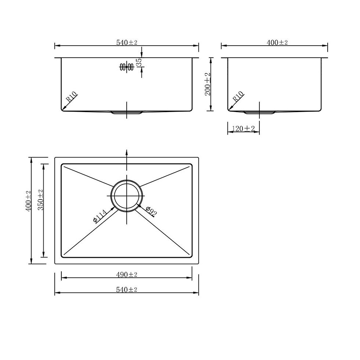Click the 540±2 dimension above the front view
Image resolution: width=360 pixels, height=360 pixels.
127,43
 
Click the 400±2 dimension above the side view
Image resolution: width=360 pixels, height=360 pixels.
277,43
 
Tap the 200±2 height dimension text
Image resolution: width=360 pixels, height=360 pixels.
208,84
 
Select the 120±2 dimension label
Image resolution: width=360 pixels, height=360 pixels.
243,129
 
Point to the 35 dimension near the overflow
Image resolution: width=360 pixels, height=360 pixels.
139,62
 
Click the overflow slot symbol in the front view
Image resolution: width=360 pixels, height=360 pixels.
126,67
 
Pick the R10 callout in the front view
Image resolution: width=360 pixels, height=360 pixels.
72,97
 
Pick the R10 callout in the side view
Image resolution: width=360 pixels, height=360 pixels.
238,97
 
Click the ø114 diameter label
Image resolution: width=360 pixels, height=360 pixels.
100,216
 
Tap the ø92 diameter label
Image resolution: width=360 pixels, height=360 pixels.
151,212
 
